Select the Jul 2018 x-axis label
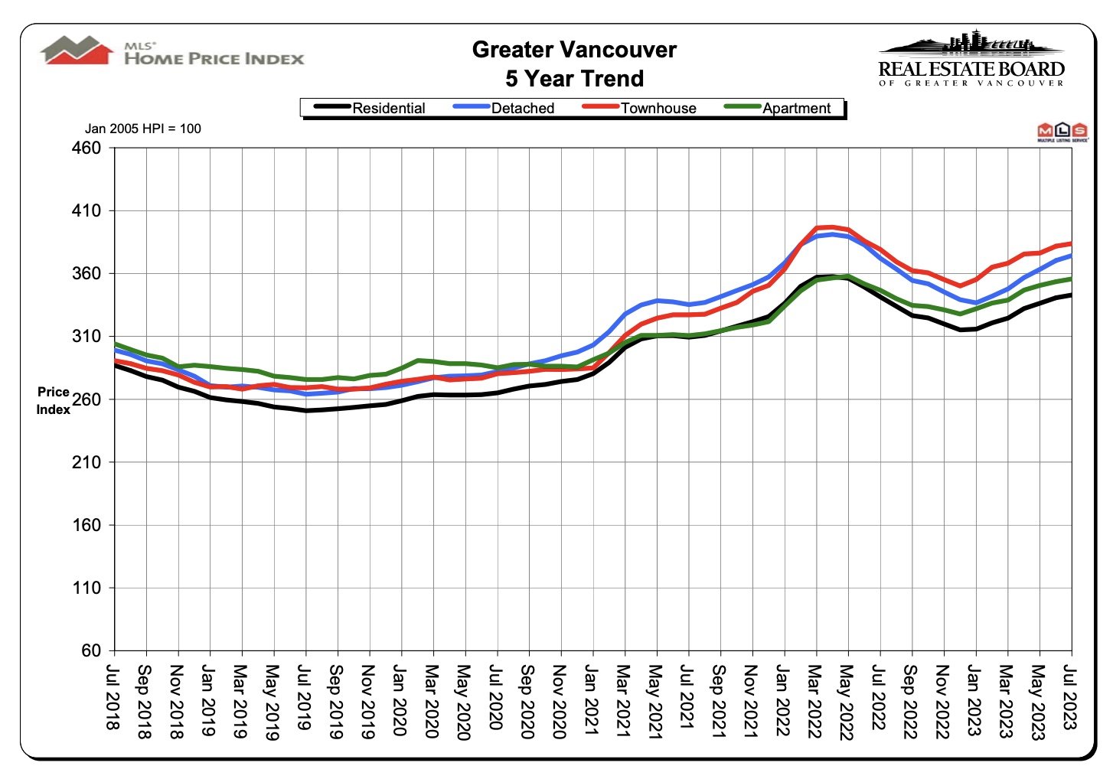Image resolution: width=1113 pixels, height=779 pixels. [113, 697]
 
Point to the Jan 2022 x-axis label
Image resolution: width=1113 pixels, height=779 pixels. [782, 700]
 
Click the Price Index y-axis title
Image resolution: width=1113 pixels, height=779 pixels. [54, 400]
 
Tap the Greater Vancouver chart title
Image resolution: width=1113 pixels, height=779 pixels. [574, 50]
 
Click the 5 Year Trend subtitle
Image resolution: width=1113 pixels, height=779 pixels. [574, 79]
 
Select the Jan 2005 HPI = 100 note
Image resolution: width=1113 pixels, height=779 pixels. [143, 129]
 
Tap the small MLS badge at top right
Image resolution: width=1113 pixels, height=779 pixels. [1062, 132]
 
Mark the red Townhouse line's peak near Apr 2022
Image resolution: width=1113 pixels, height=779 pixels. [831, 227]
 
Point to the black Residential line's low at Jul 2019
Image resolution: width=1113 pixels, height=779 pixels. [306, 410]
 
